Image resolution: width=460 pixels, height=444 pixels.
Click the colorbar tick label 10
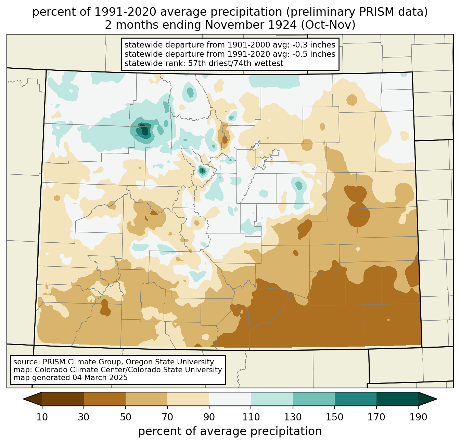pos(42,417)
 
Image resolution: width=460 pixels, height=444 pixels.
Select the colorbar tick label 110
pos(251,417)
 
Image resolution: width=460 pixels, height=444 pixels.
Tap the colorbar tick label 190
pos(418,417)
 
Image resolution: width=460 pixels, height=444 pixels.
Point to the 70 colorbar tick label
pos(167,417)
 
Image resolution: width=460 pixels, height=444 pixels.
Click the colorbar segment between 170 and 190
pos(397,399)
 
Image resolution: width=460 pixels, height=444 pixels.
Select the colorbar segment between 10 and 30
pos(63,399)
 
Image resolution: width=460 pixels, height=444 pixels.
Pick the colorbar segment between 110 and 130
pos(272,399)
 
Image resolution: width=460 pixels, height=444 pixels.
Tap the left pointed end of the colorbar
pos(24,399)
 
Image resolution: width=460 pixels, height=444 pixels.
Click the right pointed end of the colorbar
pos(436,399)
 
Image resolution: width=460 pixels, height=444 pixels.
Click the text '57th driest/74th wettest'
pos(236,63)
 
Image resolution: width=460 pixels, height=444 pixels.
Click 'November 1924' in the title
pos(251,25)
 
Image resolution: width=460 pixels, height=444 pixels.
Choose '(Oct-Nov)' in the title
pos(328,25)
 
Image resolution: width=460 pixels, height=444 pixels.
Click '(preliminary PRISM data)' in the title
pos(357,12)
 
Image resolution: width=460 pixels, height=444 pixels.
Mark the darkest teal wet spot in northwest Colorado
pos(144,130)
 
